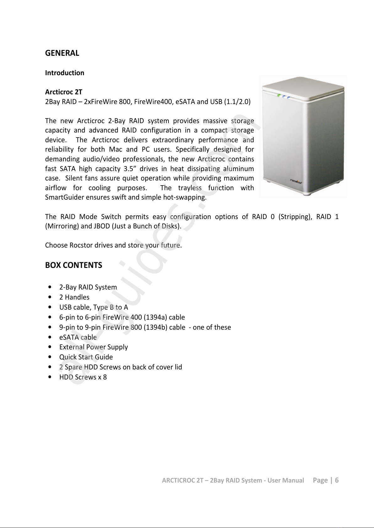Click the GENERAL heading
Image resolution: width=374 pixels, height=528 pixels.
tap(62, 53)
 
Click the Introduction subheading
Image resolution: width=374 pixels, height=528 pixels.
tap(65, 73)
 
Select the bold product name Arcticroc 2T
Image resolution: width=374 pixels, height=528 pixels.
tap(64, 92)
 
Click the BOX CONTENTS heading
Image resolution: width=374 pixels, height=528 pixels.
tap(74, 265)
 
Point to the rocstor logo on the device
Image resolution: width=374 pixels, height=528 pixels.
tap(296, 181)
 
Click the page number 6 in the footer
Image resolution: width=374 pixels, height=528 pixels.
tap(337, 480)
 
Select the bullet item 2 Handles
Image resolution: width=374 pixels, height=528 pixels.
tap(74, 297)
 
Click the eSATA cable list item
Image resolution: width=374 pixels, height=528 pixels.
tap(78, 337)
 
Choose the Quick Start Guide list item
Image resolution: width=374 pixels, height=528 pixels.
tap(86, 357)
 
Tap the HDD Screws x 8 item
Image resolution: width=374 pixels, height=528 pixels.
tap(83, 377)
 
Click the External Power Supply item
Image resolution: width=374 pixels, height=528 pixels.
tap(93, 347)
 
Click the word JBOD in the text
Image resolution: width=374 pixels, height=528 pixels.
tap(97, 226)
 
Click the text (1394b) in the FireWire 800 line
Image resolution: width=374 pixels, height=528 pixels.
tap(156, 327)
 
